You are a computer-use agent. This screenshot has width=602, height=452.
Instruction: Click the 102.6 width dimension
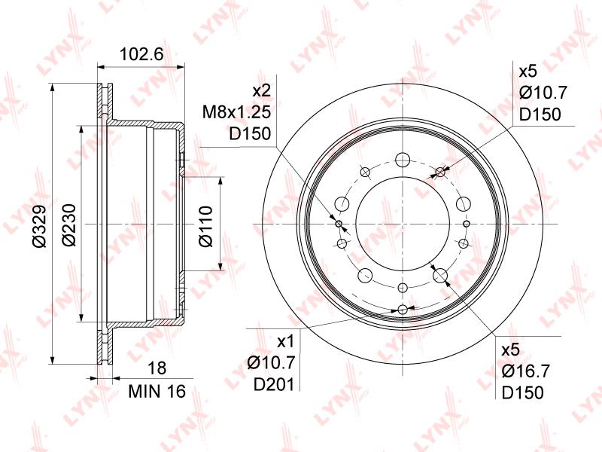click(x=141, y=54)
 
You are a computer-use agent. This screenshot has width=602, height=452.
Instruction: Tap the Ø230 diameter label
click(x=69, y=225)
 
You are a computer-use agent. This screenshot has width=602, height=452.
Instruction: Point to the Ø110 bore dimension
click(x=205, y=227)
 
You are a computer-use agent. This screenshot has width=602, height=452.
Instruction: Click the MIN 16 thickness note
click(x=157, y=391)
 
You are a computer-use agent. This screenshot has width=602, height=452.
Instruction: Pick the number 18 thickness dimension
click(x=157, y=368)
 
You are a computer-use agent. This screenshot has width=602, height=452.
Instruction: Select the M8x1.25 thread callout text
click(x=236, y=112)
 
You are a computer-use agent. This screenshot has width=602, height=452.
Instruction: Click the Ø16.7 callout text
click(x=525, y=371)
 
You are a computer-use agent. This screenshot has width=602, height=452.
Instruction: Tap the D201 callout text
click(x=274, y=384)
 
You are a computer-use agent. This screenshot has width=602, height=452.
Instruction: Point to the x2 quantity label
click(x=262, y=90)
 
